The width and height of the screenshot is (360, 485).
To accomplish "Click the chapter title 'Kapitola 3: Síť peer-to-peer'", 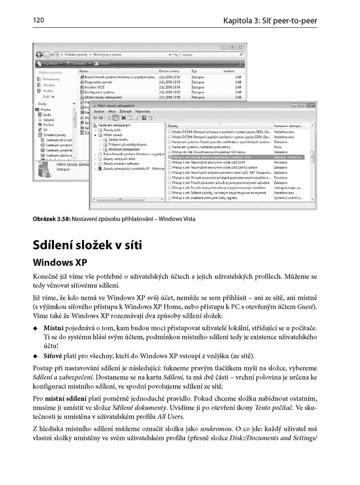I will point(270,21).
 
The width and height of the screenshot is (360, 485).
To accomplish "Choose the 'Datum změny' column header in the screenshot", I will point(169,70).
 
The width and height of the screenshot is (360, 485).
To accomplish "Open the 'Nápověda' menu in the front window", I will point(143,111).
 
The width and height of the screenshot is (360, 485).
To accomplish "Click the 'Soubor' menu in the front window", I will point(99,111).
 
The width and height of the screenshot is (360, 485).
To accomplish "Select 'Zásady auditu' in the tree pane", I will point(119,139).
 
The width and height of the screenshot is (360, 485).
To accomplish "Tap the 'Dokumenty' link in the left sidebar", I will point(51,79).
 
